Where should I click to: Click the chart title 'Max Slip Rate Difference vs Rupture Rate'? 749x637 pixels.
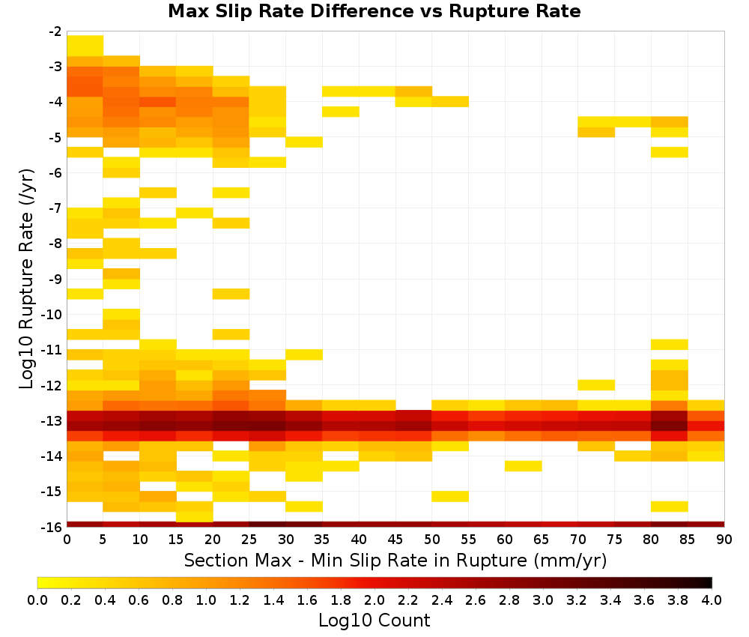374,11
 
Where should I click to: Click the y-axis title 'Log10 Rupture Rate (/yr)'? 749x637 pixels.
26,279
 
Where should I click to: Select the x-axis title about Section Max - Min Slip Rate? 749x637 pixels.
395,560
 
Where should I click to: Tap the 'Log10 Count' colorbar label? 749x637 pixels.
374,621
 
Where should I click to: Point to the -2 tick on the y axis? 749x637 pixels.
55,31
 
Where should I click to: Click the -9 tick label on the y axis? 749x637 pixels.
55,279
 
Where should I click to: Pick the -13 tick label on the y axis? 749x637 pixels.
52,420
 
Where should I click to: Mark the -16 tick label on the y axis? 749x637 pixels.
52,527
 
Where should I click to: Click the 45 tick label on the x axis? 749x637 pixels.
395,540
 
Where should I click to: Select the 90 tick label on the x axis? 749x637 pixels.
724,540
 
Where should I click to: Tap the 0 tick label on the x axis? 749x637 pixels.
67,540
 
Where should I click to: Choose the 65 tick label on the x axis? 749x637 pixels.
542,540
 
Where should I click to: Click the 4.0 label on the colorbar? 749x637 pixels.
712,600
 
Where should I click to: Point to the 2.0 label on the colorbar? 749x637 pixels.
374,600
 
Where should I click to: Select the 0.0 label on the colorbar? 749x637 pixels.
37,600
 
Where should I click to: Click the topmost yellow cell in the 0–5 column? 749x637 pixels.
85,46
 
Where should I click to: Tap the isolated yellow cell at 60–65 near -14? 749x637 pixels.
524,466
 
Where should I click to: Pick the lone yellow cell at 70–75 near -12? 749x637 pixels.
596,384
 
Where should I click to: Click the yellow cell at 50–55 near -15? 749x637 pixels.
450,497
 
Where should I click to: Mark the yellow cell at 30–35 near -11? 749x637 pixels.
304,354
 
